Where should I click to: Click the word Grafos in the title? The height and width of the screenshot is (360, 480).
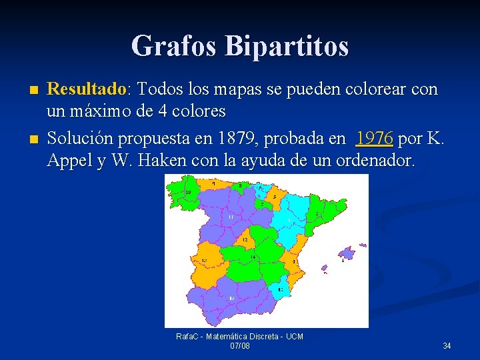click(x=175, y=46)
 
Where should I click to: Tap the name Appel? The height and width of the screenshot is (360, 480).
click(x=71, y=160)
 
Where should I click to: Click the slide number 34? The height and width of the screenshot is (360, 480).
click(x=447, y=345)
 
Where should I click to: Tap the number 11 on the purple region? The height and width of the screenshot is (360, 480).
click(x=231, y=217)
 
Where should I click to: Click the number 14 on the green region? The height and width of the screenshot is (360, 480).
click(x=253, y=257)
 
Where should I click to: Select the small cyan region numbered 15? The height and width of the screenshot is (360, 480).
click(x=280, y=289)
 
